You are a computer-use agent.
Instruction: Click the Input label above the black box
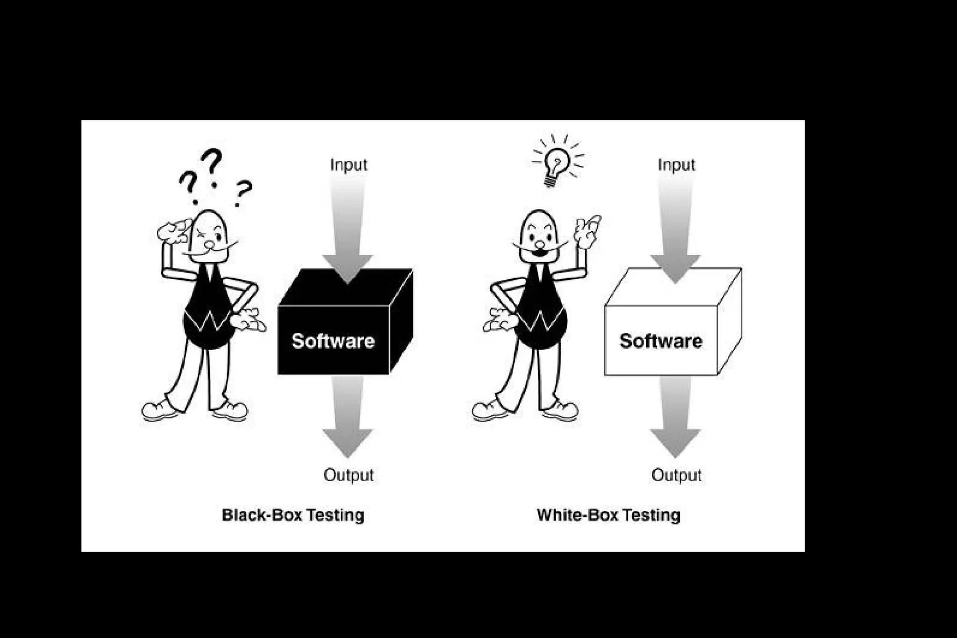[x=349, y=165]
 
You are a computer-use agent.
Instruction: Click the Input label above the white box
[x=676, y=165]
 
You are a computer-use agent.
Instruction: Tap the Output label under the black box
[x=349, y=475]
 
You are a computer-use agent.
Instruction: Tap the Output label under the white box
[x=676, y=475]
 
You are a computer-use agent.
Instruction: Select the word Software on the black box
[x=333, y=341]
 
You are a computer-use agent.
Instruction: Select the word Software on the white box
[x=661, y=341]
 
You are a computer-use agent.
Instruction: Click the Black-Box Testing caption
[x=293, y=515]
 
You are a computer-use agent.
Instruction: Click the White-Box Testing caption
[x=608, y=515]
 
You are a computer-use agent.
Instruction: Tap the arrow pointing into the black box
[x=348, y=229]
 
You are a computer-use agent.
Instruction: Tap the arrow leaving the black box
[x=348, y=416]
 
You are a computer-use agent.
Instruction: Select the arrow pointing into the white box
[x=675, y=229]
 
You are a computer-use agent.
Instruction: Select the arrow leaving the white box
[x=675, y=416]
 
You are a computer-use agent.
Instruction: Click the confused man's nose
[x=210, y=245]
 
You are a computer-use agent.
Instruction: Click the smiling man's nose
[x=540, y=244]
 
